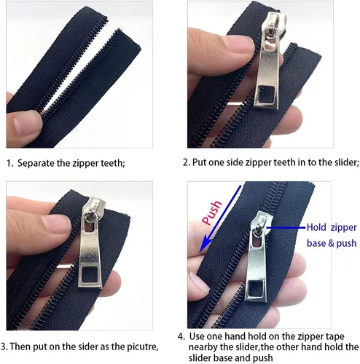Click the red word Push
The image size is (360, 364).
click(212, 213)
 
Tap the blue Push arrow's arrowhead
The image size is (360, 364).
click(206, 245)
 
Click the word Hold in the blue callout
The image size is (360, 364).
click(316, 227)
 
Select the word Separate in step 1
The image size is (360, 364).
click(36, 163)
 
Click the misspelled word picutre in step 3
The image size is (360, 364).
click(143, 347)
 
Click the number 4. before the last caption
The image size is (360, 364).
click(181, 336)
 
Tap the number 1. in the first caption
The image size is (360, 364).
click(10, 163)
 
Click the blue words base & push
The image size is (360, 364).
click(332, 243)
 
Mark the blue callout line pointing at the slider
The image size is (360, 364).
click(286, 228)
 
